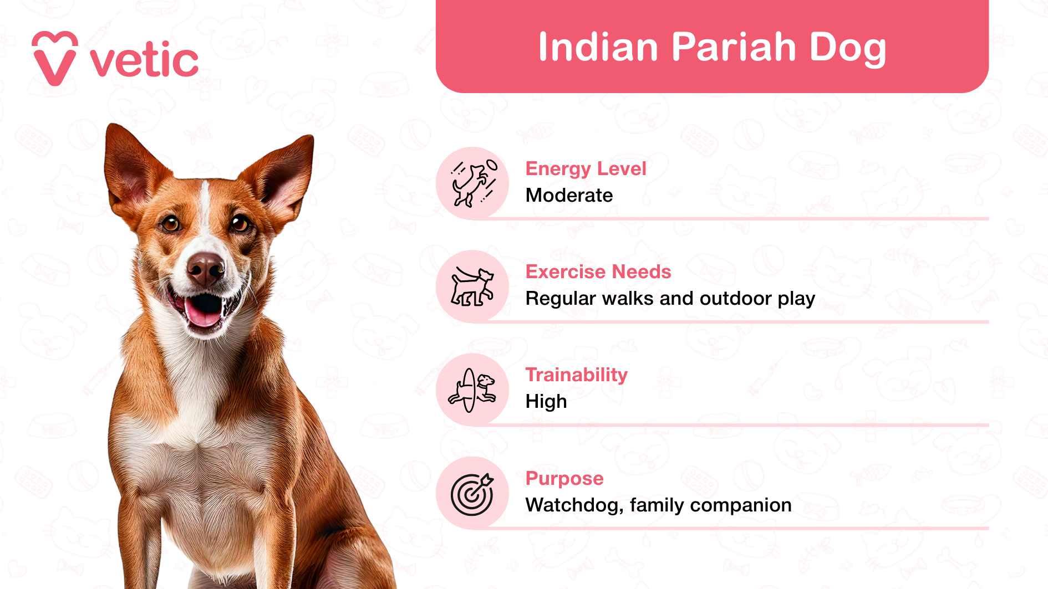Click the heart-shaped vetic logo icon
(54, 59)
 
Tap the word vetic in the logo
(144, 60)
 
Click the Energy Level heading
(586, 168)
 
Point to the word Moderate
(569, 195)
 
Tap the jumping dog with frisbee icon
(472, 183)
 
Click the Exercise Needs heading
(598, 272)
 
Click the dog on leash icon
(472, 286)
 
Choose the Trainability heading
(576, 375)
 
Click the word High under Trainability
(546, 401)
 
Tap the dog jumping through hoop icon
(472, 390)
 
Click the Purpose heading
(564, 478)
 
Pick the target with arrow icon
(472, 493)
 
